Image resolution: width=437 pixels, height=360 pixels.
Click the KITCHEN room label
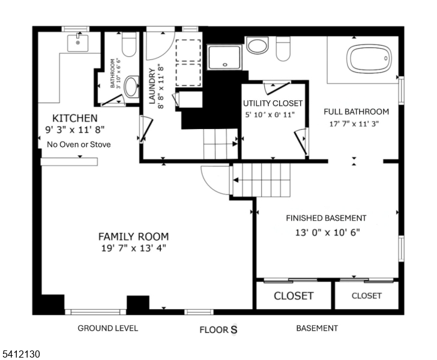click(x=75, y=118)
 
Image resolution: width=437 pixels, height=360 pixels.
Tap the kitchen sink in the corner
click(x=78, y=43)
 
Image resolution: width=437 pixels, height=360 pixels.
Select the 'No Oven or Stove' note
click(x=79, y=145)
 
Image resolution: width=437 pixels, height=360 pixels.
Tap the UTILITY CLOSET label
click(x=273, y=103)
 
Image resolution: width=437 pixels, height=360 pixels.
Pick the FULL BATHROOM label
click(x=356, y=112)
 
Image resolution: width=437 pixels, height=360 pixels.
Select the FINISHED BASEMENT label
click(x=326, y=218)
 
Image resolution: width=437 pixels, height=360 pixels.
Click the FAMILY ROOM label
click(x=133, y=236)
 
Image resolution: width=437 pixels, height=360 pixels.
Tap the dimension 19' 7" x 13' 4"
click(x=133, y=248)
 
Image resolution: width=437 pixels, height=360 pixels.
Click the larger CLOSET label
click(x=294, y=296)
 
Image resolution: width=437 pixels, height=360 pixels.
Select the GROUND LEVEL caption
click(x=108, y=328)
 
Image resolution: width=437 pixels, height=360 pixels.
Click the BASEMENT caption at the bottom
click(x=317, y=328)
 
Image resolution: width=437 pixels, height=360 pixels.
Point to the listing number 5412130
click(x=22, y=355)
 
